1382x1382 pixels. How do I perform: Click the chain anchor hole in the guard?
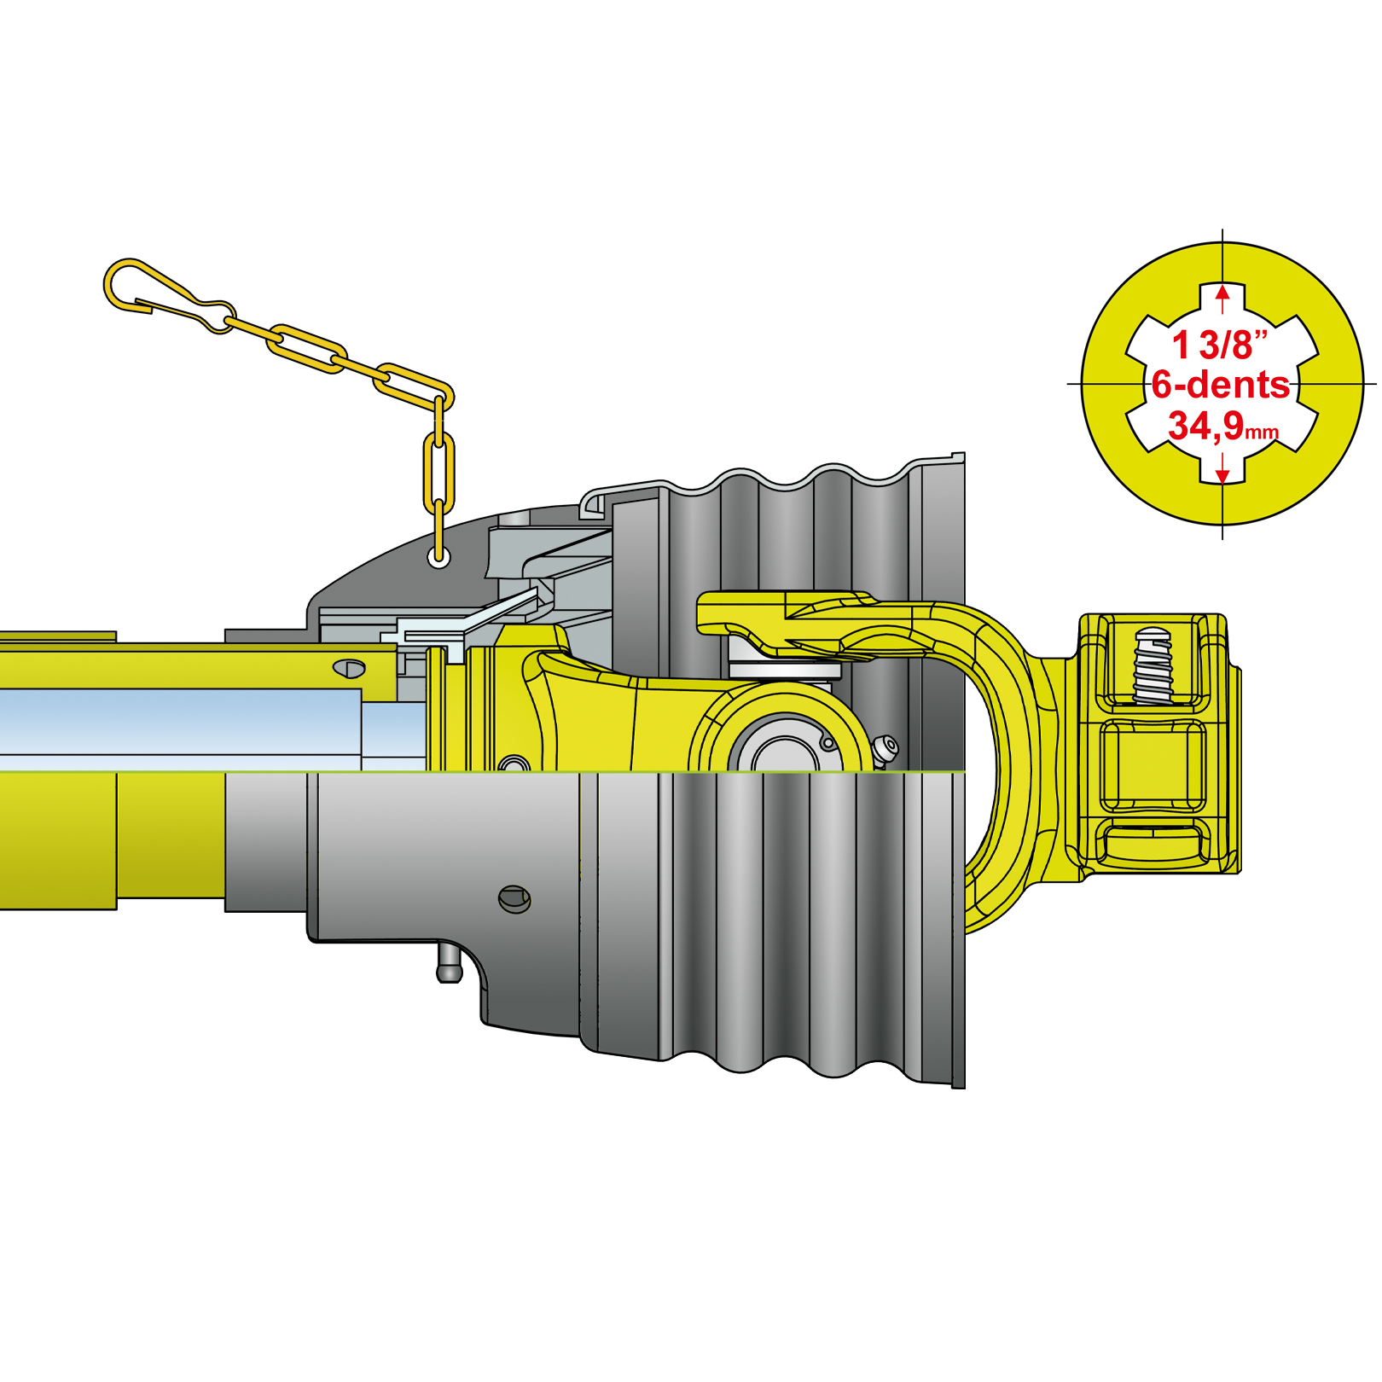tap(438, 559)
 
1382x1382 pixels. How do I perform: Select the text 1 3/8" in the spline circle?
tap(1220, 345)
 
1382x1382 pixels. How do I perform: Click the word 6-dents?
tap(1220, 385)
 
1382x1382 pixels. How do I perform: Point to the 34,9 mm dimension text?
tap(1223, 426)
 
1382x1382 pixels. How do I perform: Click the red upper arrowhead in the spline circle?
tap(1222, 293)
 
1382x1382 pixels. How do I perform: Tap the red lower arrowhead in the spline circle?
tap(1222, 475)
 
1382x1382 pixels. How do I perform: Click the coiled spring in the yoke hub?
tap(1153, 665)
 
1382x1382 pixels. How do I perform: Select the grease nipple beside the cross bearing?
tap(885, 751)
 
